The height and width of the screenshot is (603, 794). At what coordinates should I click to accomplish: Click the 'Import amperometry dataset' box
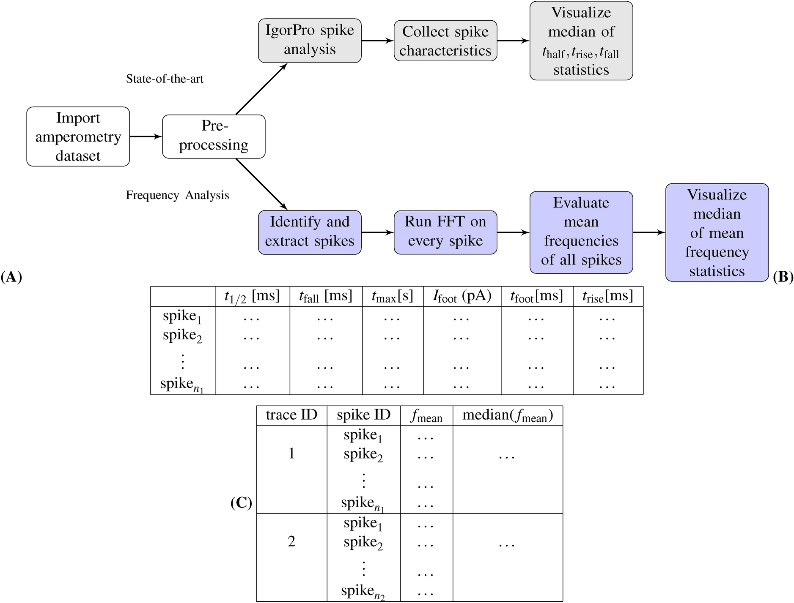(x=78, y=136)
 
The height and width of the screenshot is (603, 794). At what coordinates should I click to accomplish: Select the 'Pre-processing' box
(x=214, y=136)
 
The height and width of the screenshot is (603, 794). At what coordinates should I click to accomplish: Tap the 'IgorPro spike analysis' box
(x=310, y=41)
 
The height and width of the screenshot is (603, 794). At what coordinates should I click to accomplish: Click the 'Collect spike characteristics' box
(x=445, y=41)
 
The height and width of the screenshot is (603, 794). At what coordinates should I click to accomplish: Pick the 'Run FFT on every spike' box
(x=445, y=232)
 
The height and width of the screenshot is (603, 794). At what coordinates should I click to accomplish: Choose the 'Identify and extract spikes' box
(x=310, y=232)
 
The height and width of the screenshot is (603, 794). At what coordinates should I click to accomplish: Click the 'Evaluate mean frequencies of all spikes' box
(x=581, y=232)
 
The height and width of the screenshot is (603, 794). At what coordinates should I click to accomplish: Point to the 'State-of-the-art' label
(x=165, y=79)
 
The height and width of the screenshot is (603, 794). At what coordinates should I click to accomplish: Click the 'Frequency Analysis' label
(x=177, y=195)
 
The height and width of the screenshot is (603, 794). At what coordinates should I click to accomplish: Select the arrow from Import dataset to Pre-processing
(x=146, y=136)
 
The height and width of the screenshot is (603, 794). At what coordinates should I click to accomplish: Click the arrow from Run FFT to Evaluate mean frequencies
(x=513, y=232)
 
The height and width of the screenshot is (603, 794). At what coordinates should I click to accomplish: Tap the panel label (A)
(x=11, y=277)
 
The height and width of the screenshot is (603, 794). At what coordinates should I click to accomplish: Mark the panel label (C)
(x=241, y=503)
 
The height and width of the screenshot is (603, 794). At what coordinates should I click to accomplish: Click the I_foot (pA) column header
(x=462, y=297)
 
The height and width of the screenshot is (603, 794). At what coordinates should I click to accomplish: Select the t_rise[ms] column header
(x=607, y=297)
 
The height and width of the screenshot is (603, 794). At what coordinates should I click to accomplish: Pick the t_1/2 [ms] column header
(x=252, y=297)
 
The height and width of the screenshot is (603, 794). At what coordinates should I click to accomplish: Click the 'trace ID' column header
(x=291, y=415)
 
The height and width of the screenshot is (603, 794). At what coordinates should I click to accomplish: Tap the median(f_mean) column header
(x=507, y=415)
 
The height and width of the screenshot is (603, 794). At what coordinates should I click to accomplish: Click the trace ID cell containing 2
(x=291, y=541)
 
